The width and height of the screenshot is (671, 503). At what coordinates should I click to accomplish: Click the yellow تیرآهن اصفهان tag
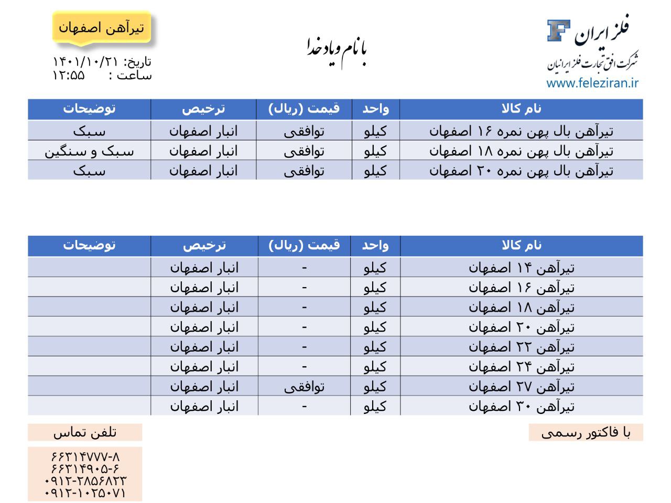(x=101, y=28)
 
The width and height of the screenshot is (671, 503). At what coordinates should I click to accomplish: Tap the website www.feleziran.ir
(x=592, y=83)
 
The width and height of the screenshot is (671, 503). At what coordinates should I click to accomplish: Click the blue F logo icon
(x=558, y=30)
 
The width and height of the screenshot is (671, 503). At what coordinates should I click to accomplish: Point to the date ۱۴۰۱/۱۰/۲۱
(x=86, y=62)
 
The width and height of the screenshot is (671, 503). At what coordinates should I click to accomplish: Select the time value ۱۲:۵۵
(x=68, y=75)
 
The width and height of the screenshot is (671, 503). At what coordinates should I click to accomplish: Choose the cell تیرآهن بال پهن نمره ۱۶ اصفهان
(x=521, y=130)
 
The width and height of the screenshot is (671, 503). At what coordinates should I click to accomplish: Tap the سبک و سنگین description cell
(x=89, y=151)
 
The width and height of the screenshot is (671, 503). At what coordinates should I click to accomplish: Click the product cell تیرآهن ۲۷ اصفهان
(x=521, y=387)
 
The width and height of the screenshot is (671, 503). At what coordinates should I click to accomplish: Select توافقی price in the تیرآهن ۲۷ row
(x=304, y=387)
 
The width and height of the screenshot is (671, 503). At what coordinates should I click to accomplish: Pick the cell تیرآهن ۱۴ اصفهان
(x=521, y=268)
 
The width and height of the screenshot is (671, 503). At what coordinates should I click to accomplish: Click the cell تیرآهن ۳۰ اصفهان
(x=521, y=406)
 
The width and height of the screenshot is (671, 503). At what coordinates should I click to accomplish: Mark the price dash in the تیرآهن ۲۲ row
(x=304, y=347)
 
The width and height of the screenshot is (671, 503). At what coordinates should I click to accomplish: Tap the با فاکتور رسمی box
(x=586, y=433)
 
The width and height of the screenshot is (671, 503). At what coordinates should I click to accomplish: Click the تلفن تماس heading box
(x=85, y=432)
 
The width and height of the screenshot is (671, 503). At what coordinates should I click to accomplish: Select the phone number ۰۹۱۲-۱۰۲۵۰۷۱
(x=85, y=493)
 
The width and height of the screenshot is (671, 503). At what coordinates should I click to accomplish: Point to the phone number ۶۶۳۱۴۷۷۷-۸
(x=85, y=456)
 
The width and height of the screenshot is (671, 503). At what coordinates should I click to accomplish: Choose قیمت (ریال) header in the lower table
(x=304, y=245)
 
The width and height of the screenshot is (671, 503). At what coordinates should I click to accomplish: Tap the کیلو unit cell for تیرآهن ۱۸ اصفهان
(x=375, y=307)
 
